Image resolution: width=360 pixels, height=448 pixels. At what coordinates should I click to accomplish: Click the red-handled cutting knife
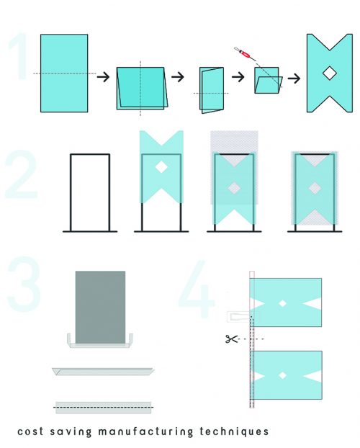[246, 54]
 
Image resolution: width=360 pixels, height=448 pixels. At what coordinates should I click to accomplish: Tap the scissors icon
[231, 339]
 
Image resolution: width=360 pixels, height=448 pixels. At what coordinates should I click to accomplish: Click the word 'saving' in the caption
[71, 431]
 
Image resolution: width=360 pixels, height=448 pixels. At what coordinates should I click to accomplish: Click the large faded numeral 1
[19, 56]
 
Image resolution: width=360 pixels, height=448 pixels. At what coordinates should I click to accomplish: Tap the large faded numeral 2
[22, 174]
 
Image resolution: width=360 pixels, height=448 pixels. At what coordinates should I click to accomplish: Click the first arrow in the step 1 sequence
[103, 76]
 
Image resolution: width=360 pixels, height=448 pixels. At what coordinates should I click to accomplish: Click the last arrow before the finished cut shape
[294, 79]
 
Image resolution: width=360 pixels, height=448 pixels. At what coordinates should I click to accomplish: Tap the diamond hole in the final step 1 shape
[330, 73]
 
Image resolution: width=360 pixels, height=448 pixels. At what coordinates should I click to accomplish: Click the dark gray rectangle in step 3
[100, 307]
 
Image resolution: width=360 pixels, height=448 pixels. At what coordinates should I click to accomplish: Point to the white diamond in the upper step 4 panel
[282, 303]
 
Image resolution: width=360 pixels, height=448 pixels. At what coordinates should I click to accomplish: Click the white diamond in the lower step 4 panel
[282, 375]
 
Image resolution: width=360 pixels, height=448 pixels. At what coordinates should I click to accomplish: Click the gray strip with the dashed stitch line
[104, 408]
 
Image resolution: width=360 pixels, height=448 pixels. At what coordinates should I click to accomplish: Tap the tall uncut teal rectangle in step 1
[64, 73]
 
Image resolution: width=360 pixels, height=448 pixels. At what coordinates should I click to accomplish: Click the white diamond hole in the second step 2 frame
[161, 167]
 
